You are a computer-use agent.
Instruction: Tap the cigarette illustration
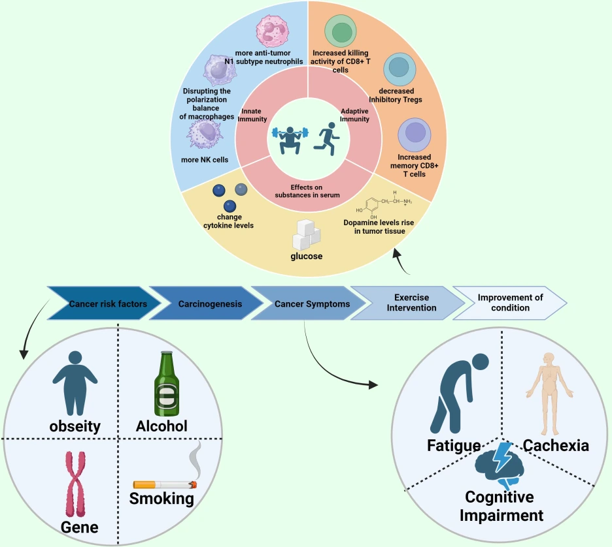(x=165, y=484)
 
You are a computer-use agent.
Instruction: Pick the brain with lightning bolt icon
(x=500, y=465)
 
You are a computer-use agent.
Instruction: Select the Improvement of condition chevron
(x=510, y=302)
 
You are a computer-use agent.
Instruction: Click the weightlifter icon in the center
(x=288, y=138)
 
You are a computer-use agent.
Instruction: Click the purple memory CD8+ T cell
(x=414, y=134)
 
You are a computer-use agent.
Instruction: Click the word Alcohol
(x=161, y=426)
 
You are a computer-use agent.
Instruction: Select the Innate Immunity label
(x=254, y=115)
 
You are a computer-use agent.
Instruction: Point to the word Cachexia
(x=556, y=446)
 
